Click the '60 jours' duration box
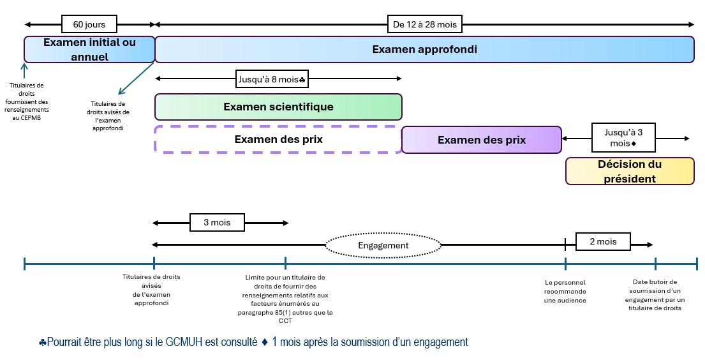coord(89,24)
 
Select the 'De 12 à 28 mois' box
coord(424,24)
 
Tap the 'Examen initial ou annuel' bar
coord(89,49)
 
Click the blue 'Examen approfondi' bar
coord(424,49)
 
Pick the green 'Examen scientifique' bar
coord(278,107)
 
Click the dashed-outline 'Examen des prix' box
coord(278,139)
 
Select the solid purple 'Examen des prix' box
coord(481,140)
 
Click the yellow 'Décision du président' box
coord(630,171)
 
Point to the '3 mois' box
coord(218,223)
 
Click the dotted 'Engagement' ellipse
coord(383,245)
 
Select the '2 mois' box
coord(603,242)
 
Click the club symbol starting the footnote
coord(42,343)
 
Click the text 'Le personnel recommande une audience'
coord(565,291)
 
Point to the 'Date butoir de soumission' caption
coord(655,295)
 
